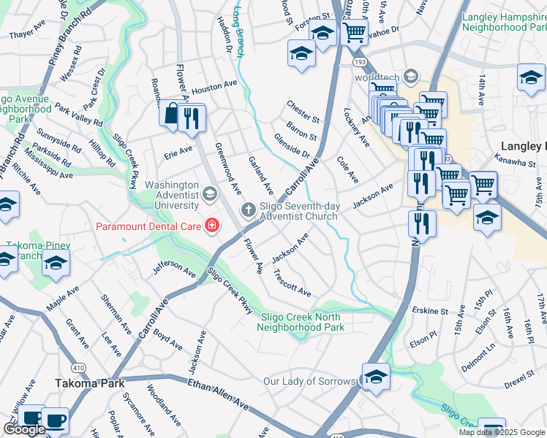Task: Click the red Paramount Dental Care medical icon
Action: point(212,226)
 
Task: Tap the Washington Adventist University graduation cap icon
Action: point(210,193)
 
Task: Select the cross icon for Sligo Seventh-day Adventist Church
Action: point(248,210)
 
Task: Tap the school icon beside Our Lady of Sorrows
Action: point(376,377)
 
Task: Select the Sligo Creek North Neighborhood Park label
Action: point(301,322)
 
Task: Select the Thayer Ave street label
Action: point(27,34)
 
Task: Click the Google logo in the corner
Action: point(24,429)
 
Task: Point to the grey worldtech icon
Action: point(412,76)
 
